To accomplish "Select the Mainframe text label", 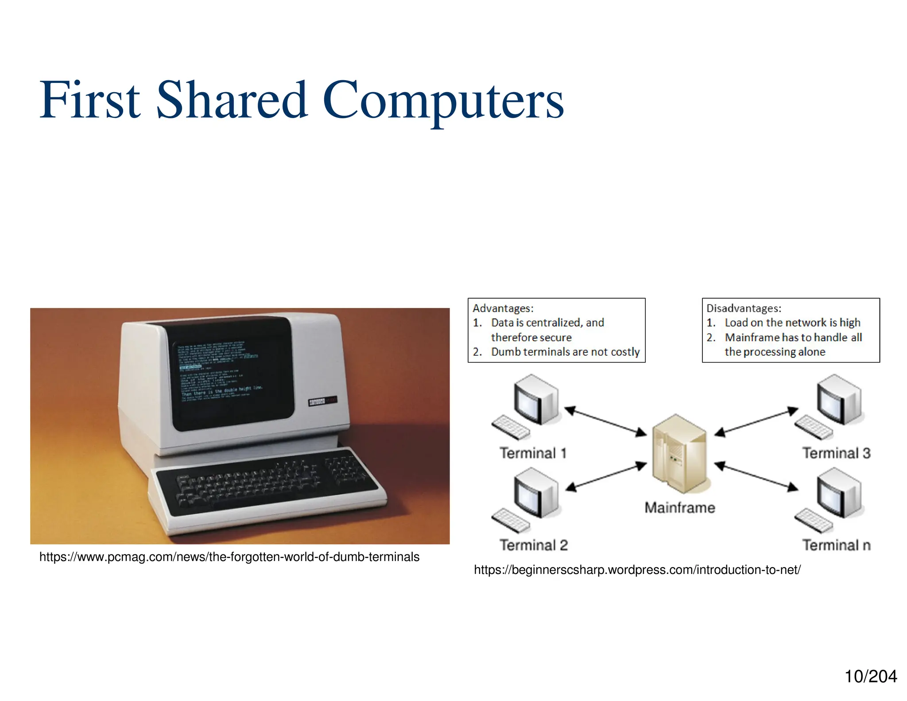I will point(680,507).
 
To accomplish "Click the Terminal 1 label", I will point(533,453).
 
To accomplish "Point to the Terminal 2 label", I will point(534,545).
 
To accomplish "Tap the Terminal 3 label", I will point(836,453).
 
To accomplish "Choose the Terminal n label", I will point(836,545).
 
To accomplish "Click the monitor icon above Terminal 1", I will point(536,399).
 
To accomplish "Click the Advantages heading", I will point(503,308).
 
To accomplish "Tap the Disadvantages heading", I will point(744,308).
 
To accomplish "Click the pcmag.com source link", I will point(229,557).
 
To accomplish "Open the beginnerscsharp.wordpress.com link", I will point(637,570).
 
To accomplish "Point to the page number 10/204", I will point(870,677).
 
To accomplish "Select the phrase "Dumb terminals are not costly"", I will point(565,352).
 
